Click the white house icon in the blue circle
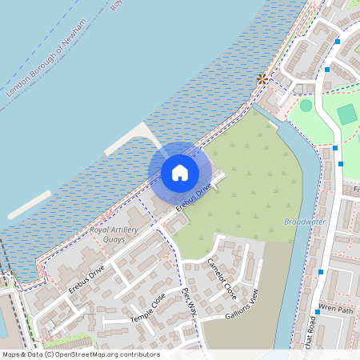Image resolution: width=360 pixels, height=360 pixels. pos(180,172)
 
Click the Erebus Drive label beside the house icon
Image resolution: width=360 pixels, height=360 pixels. pos(194,194)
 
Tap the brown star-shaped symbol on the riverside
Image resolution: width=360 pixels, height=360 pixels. pos(262,78)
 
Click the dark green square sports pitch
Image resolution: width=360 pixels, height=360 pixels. pos(346,114)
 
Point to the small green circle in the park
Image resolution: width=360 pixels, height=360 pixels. pos(306,105)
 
